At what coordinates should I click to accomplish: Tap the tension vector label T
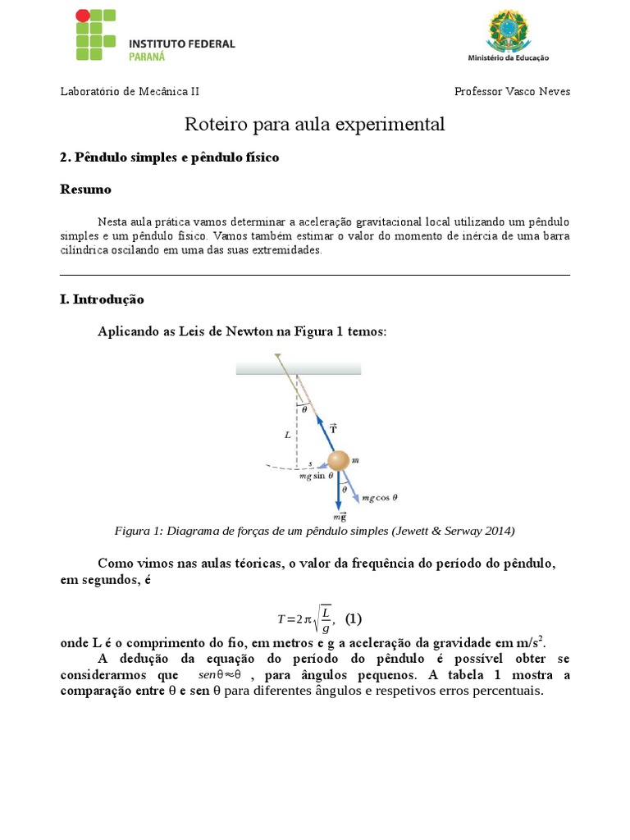(333, 428)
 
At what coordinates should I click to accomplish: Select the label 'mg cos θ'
(379, 497)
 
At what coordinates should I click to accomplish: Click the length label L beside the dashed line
(287, 436)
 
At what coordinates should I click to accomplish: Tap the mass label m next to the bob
(356, 461)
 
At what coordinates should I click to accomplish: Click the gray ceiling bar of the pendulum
(299, 368)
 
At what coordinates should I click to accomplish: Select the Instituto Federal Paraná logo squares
(96, 35)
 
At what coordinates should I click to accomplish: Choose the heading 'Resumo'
(85, 189)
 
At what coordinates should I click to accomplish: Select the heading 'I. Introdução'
(102, 299)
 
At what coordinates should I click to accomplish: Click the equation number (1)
(353, 618)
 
